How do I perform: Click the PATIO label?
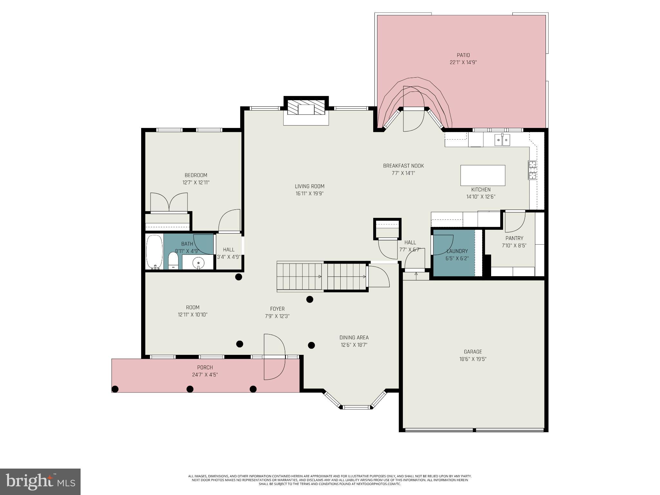coord(463,55)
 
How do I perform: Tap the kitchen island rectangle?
coord(482,175)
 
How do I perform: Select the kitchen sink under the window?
coord(502,140)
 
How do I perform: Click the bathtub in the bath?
coord(155,252)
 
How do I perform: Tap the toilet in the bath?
coord(173,260)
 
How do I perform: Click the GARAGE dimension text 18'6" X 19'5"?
coord(473,359)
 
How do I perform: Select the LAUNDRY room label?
coord(457,251)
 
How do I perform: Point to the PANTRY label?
coord(514,238)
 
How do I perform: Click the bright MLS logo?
coord(40,481)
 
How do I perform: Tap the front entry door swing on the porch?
coord(274,357)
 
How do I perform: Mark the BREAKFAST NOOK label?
coord(403,166)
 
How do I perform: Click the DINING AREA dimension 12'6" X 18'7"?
coord(354,345)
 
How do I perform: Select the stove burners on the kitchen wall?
coord(532,170)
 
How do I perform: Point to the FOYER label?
coord(277,309)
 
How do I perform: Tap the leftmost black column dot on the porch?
coord(115,389)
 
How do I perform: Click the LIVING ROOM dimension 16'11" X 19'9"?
coord(309,194)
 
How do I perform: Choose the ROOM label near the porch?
coord(192,307)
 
